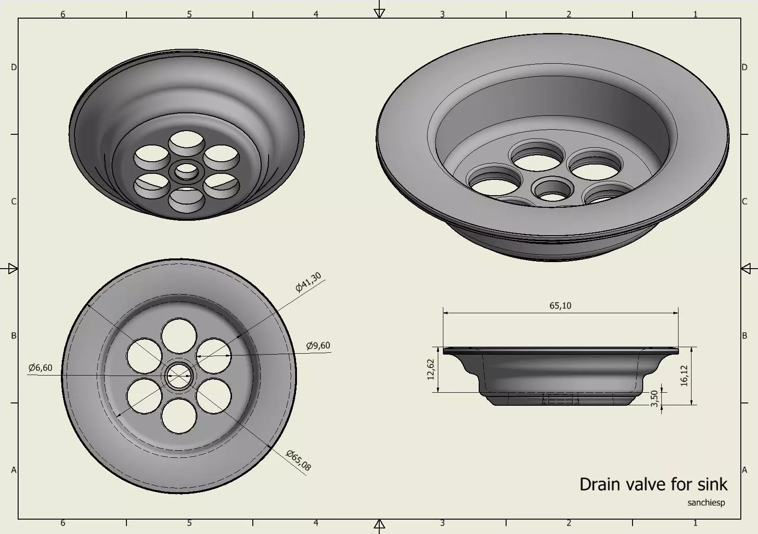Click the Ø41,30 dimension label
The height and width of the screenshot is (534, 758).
pyautogui.click(x=308, y=283)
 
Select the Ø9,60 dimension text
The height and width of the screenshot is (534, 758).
pyautogui.click(x=318, y=345)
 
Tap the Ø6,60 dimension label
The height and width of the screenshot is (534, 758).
pyautogui.click(x=40, y=368)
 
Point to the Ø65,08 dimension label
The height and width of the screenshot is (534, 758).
pyautogui.click(x=298, y=461)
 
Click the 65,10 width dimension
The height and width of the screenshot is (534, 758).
pyautogui.click(x=560, y=305)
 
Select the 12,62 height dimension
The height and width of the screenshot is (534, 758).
pyautogui.click(x=430, y=369)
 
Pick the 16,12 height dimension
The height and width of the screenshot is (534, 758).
pyautogui.click(x=684, y=376)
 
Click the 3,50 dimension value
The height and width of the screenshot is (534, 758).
pyautogui.click(x=654, y=399)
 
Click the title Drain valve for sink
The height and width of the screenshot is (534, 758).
pyautogui.click(x=653, y=484)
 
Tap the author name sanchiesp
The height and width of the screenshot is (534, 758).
pyautogui.click(x=706, y=502)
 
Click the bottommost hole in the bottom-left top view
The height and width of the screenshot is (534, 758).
pyautogui.click(x=179, y=416)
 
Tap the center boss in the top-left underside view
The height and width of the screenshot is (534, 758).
pyautogui.click(x=186, y=171)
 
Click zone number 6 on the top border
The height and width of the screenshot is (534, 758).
pyautogui.click(x=63, y=14)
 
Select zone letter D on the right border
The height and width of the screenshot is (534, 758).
pyautogui.click(x=745, y=67)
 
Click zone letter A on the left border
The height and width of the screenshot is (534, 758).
pyautogui.click(x=13, y=470)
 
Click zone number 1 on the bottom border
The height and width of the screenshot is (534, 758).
pyautogui.click(x=695, y=523)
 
